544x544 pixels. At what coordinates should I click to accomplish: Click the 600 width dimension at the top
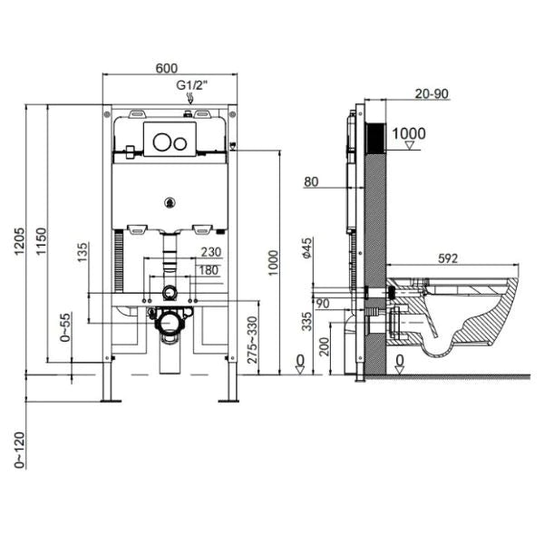167,69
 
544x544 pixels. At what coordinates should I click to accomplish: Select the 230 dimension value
210,253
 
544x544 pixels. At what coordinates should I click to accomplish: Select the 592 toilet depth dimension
447,258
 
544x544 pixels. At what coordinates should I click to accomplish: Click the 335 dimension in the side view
308,320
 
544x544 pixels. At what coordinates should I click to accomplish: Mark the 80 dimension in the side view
311,182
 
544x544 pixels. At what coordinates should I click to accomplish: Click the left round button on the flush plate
160,141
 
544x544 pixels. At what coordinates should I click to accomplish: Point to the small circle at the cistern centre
169,202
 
